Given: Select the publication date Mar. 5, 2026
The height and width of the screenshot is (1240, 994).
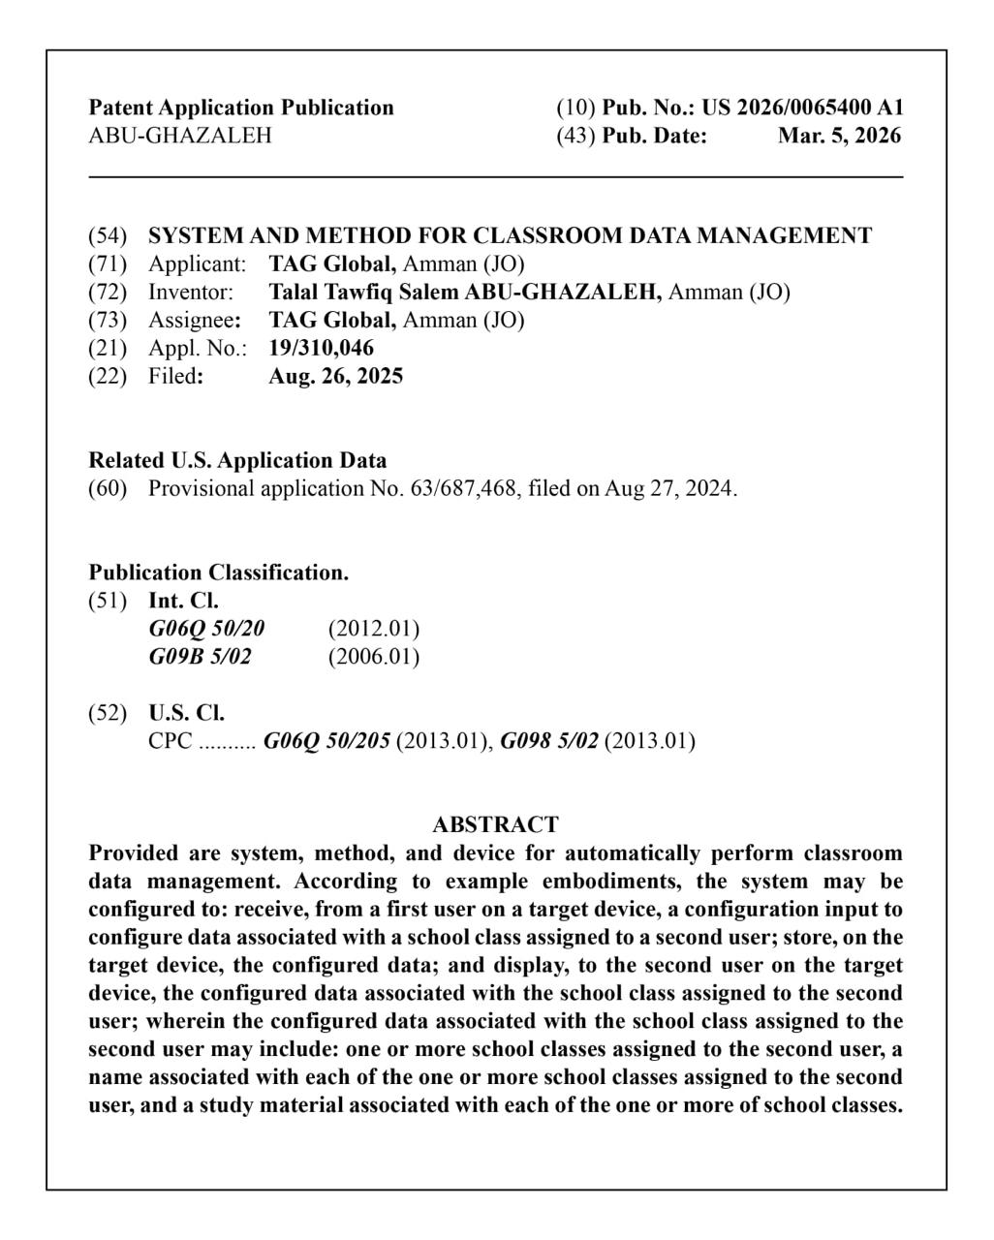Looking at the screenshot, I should point(839,136).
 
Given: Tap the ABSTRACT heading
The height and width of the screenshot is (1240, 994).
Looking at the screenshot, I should point(495,825).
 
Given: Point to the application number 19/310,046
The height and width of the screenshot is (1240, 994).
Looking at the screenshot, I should point(321,348).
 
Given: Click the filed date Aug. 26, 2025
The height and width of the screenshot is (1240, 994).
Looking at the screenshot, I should point(335,376).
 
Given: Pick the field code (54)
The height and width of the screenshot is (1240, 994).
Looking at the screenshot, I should point(108,235).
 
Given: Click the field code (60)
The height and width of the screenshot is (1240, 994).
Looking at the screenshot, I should point(108,488).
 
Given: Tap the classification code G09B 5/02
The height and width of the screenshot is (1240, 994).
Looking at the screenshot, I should point(200,657).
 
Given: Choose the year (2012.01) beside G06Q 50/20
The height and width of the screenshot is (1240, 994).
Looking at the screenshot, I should point(374,629).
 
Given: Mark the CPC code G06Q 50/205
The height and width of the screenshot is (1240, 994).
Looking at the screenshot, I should point(326,742).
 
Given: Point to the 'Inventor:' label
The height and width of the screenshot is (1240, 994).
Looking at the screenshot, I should point(191,292).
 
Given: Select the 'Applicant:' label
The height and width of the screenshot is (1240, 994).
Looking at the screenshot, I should point(198,263).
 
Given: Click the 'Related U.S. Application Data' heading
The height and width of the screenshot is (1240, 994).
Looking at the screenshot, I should point(237,460).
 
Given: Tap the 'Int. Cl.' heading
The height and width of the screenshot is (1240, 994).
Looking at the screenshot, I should point(183,601).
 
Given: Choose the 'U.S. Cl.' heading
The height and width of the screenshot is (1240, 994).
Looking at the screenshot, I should point(186,714).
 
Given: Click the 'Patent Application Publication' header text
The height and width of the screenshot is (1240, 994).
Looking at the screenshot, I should point(241,108).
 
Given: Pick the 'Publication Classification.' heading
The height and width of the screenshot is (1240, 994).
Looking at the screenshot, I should point(219,573).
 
